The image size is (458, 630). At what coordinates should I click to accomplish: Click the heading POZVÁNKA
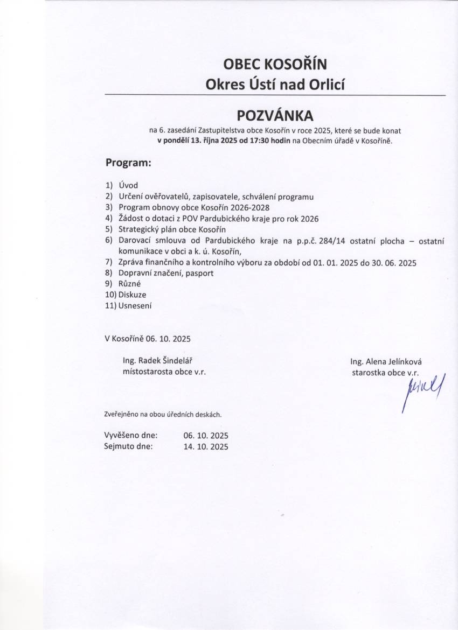275,115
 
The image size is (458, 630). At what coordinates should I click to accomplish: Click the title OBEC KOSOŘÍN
275,65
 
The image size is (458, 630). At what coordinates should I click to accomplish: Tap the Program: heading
128,162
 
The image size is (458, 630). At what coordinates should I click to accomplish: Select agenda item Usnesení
135,306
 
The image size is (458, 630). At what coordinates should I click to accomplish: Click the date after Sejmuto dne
206,446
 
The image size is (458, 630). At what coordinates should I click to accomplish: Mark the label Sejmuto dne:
129,446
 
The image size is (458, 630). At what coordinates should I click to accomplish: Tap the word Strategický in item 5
138,229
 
